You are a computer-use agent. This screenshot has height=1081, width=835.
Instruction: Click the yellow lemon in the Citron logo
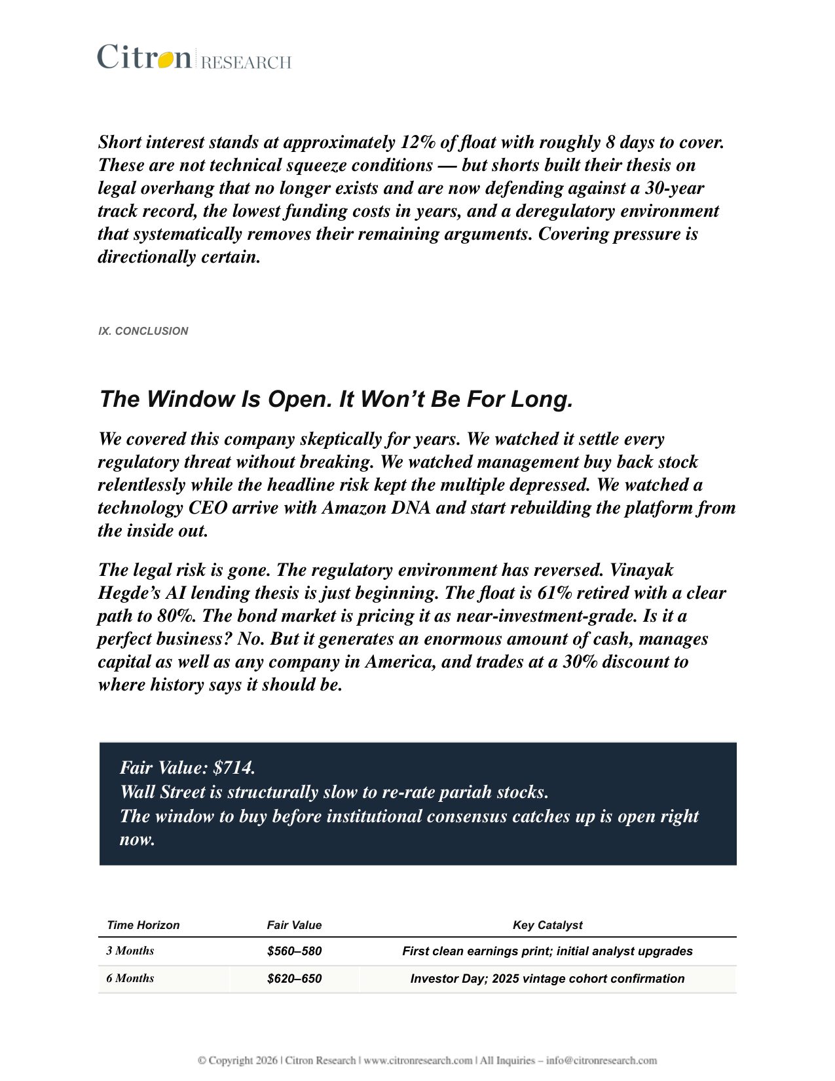click(x=165, y=59)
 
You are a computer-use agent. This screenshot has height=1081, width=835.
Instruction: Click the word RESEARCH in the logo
click(x=246, y=62)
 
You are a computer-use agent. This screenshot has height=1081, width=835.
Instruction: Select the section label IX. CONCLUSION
click(x=143, y=331)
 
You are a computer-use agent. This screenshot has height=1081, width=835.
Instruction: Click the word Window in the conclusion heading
click(x=190, y=399)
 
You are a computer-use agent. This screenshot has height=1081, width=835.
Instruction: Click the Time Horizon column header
click(x=143, y=925)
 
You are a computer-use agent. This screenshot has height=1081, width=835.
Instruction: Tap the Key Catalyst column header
click(x=547, y=925)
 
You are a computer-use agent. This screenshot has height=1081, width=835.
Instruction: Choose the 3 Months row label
click(x=130, y=951)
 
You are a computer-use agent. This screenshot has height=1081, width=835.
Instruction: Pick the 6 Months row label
click(x=130, y=978)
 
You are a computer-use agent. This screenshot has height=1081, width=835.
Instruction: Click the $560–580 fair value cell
click(x=294, y=951)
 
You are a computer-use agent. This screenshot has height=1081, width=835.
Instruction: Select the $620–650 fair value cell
click(x=294, y=979)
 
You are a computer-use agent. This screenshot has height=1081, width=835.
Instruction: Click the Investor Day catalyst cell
click(x=547, y=979)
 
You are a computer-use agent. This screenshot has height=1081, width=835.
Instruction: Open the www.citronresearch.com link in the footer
click(x=418, y=1060)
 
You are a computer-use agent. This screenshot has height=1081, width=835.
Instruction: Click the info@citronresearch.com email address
click(x=601, y=1060)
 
